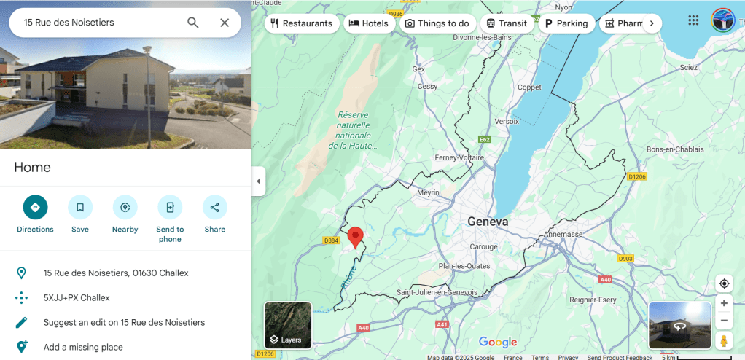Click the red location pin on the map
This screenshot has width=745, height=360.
pyautogui.click(x=355, y=237)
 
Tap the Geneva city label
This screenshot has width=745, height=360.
pyautogui.click(x=488, y=222)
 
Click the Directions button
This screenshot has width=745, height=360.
pyautogui.click(x=35, y=208)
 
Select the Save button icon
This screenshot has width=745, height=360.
pyautogui.click(x=80, y=208)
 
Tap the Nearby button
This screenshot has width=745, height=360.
pyautogui.click(x=125, y=208)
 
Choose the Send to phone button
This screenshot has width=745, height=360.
pyautogui.click(x=170, y=208)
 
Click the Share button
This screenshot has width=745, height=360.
pyautogui.click(x=214, y=208)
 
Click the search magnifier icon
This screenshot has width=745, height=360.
pyautogui.click(x=193, y=23)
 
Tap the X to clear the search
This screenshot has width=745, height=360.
pyautogui.click(x=225, y=23)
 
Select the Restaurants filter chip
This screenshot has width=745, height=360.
pyautogui.click(x=301, y=23)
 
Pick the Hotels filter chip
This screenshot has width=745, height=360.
pyautogui.click(x=368, y=23)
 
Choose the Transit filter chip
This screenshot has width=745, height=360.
pyautogui.click(x=506, y=23)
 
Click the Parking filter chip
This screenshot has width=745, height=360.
pyautogui.click(x=566, y=23)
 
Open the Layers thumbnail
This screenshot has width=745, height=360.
pyautogui.click(x=288, y=325)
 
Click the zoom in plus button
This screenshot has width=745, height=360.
pyautogui.click(x=724, y=303)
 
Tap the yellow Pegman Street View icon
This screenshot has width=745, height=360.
pyautogui.click(x=724, y=340)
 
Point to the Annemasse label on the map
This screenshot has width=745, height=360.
pyautogui.click(x=563, y=235)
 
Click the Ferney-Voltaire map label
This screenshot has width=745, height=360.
pyautogui.click(x=459, y=157)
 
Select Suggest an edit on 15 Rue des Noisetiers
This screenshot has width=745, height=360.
pyautogui.click(x=124, y=322)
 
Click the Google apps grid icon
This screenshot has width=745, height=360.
pyautogui.click(x=693, y=20)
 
